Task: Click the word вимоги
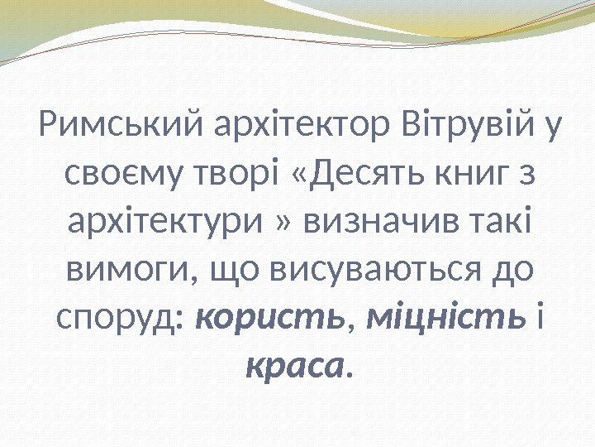pyautogui.click(x=119, y=269)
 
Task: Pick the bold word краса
pyautogui.click(x=295, y=363)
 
